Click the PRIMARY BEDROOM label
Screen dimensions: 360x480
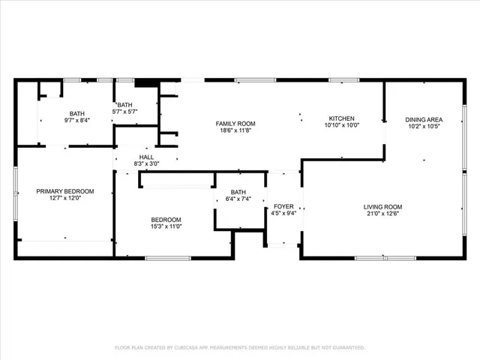[x=65, y=191]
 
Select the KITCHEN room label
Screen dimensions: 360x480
[x=341, y=118]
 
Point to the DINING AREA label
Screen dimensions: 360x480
[x=424, y=119]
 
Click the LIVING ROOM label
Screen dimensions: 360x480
[x=382, y=207]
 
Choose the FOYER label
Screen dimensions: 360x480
[x=283, y=205]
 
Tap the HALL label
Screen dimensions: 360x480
[x=145, y=157]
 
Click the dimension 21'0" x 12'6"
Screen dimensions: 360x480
[x=382, y=214]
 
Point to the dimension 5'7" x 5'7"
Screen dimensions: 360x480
[x=124, y=112]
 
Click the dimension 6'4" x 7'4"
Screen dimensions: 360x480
[x=238, y=199]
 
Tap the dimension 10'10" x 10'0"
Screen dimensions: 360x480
[x=341, y=126]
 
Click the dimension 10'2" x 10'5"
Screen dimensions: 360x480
[x=424, y=127]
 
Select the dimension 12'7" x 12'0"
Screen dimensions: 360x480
[x=65, y=199]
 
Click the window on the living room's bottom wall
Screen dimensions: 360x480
[x=385, y=259]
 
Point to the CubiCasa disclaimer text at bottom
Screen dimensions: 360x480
[x=239, y=348]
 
